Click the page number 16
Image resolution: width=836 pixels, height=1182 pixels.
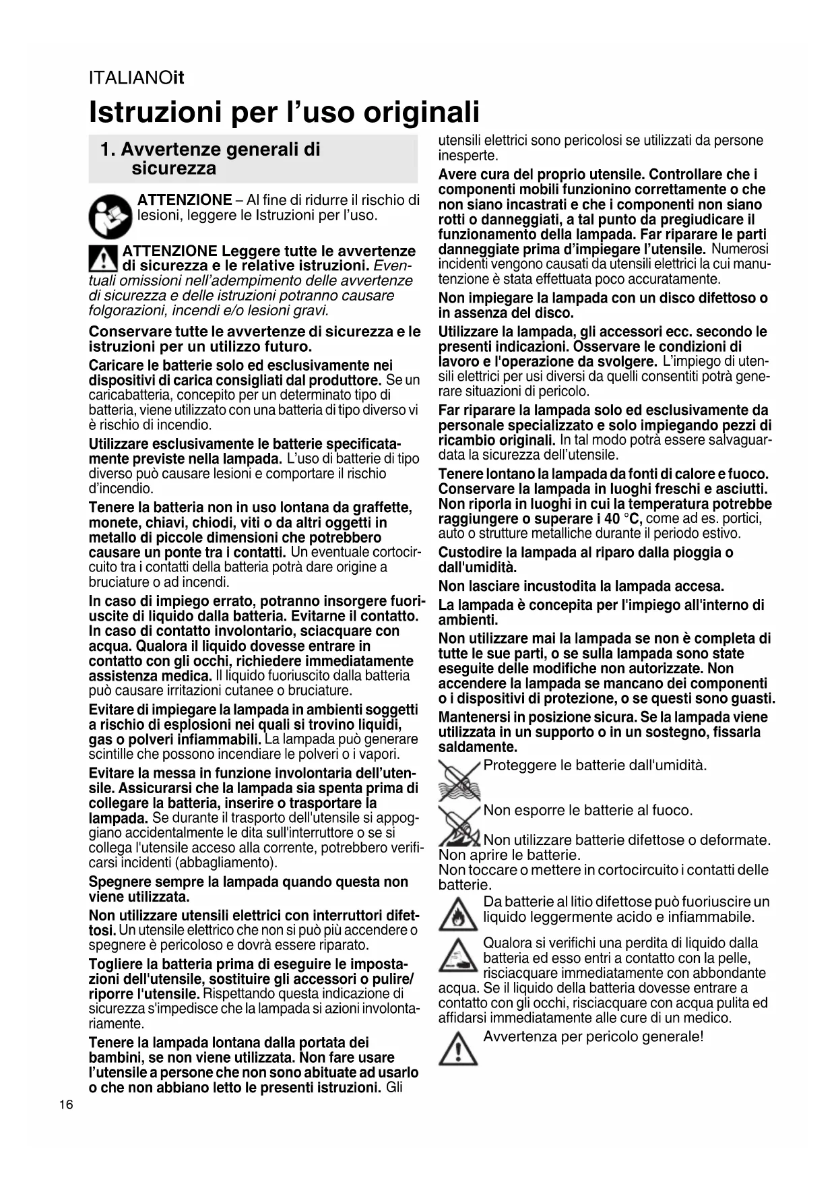[66, 1105]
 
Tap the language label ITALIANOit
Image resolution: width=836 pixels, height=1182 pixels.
[136, 77]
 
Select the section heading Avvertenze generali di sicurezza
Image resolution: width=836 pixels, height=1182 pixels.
[210, 158]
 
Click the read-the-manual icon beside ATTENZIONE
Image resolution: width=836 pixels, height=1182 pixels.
[110, 216]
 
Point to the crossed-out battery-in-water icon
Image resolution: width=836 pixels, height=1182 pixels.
[459, 779]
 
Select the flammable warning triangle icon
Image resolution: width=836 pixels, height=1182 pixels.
[458, 914]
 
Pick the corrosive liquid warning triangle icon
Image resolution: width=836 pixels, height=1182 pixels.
[458, 956]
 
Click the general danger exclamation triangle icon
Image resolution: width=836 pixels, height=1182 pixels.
[458, 1049]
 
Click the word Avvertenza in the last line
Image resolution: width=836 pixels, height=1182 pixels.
[519, 1036]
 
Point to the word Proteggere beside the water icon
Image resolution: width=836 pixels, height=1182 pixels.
[519, 765]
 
